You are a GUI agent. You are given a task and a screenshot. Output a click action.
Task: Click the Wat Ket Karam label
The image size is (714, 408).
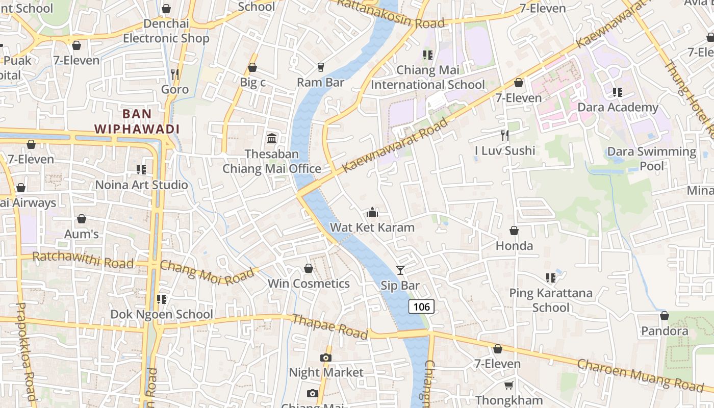click(x=372, y=227)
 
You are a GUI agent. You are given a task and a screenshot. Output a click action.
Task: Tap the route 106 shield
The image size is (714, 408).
click(x=421, y=307)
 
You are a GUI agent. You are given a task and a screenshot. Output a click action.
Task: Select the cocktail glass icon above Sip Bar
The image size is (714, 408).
click(x=400, y=270)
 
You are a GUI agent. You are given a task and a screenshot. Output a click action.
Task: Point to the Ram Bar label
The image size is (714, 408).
click(x=320, y=82)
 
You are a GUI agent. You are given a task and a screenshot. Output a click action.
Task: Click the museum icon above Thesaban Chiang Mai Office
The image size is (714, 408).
click(x=272, y=139)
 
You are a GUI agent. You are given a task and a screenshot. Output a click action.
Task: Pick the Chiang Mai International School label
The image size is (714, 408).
click(x=428, y=77)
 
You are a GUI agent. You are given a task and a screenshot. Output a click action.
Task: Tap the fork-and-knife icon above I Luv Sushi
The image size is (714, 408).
click(x=505, y=135)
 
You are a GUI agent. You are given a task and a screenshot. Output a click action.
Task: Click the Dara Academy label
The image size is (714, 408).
click(x=618, y=108)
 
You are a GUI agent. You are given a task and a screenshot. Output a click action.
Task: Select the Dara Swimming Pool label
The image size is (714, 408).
click(x=651, y=159)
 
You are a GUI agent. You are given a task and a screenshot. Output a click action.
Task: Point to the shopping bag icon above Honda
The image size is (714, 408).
click(x=514, y=231)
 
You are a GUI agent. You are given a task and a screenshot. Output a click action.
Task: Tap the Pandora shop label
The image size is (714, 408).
click(x=665, y=331)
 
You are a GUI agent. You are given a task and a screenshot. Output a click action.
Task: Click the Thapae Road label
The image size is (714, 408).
click(x=329, y=326)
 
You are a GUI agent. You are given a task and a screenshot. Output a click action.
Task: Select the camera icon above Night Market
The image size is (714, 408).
click(x=326, y=358)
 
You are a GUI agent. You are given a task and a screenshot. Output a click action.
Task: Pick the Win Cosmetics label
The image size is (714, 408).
click(x=309, y=284)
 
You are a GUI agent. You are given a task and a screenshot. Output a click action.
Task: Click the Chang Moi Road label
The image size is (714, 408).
click(x=207, y=272)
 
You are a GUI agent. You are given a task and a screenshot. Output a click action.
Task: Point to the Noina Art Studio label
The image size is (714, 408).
click(x=142, y=185)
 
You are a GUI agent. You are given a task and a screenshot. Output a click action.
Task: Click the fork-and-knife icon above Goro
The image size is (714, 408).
click(x=175, y=74)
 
